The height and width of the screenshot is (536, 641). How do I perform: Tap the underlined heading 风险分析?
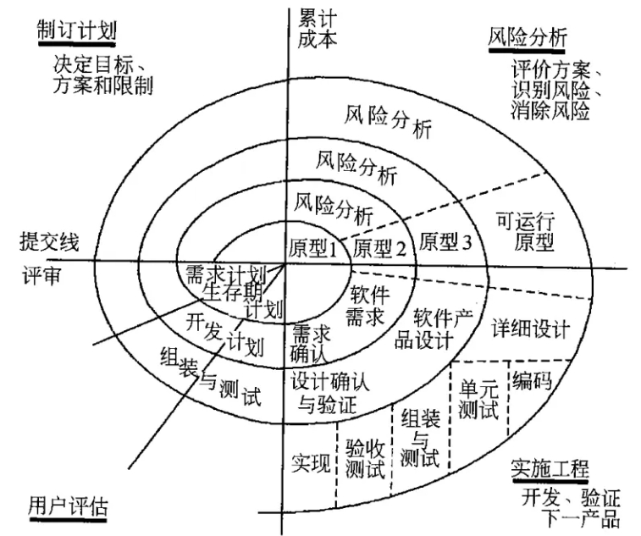point(528,37)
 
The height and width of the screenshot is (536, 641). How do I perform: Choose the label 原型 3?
point(445,241)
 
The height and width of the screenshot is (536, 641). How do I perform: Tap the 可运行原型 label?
point(523,232)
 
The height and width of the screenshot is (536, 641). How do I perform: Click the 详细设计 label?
point(531,327)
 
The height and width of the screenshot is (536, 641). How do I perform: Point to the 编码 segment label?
point(532,381)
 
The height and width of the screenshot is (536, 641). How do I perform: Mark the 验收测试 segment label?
point(366,455)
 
